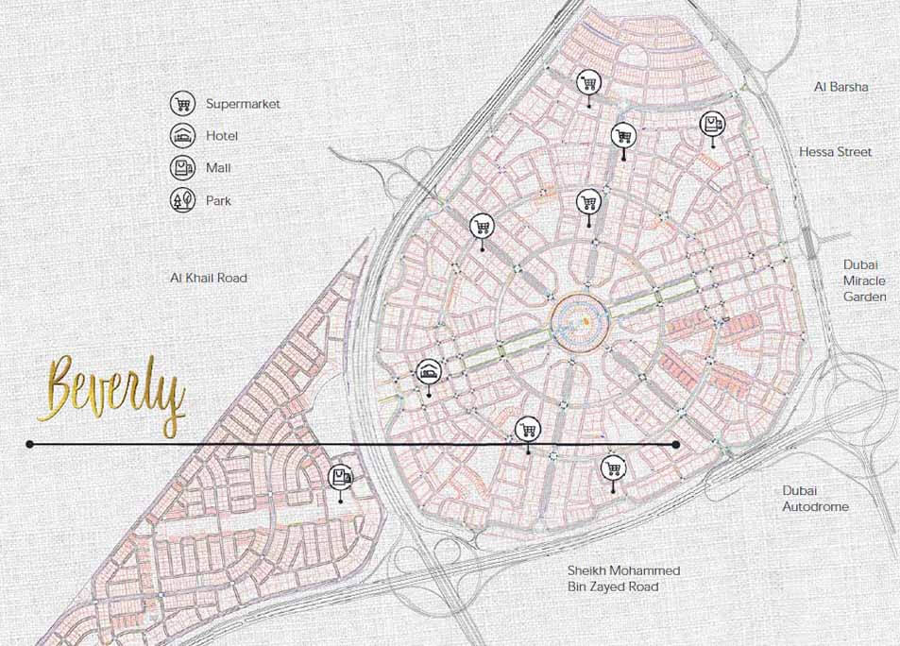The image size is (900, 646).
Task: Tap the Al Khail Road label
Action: (208, 278)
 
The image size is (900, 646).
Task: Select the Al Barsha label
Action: (841, 87)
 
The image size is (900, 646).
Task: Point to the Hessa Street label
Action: (835, 152)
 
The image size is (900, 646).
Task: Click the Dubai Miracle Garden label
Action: (864, 280)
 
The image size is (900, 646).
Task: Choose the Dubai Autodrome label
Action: (815, 499)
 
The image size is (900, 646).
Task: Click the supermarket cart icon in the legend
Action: (182, 104)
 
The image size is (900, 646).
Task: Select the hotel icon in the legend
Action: (182, 136)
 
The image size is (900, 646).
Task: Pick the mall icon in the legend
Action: (182, 168)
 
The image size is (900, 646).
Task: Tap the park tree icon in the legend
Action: (182, 200)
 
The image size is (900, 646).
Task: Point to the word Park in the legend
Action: (218, 200)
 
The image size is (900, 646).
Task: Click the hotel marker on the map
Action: (428, 372)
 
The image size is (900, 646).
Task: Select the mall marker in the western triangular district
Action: (340, 478)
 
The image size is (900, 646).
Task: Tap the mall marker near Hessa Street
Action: (712, 125)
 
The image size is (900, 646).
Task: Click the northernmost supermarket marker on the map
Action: (589, 82)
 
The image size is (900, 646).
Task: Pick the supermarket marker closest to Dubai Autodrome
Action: (614, 467)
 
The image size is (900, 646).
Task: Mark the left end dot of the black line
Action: (30, 444)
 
